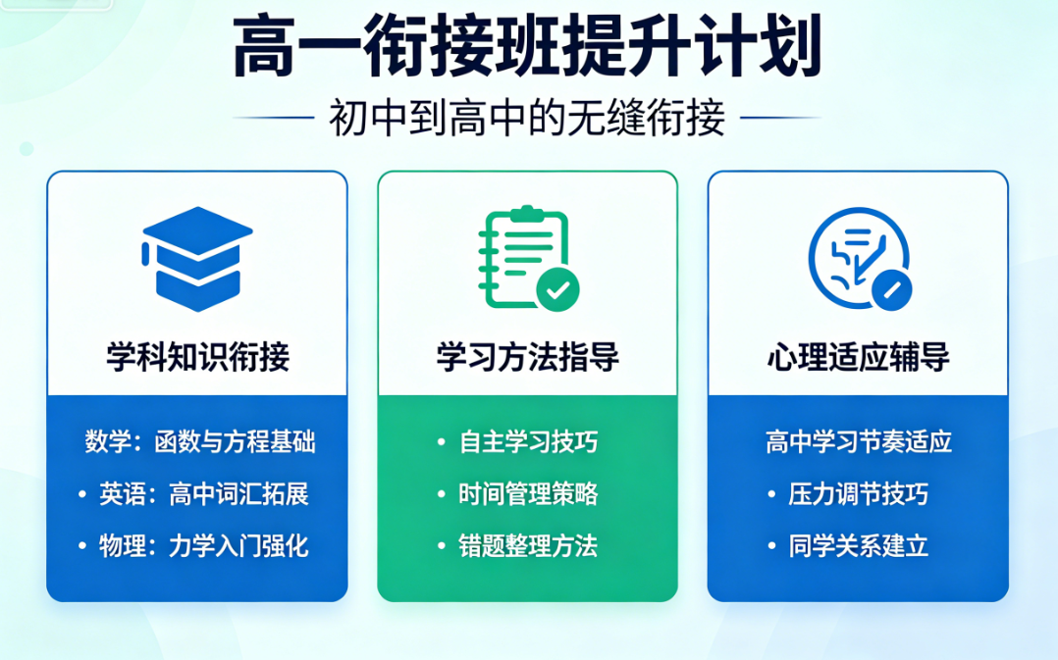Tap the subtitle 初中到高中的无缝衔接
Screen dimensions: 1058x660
tap(527, 118)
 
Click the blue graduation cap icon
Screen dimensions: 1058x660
tap(197, 259)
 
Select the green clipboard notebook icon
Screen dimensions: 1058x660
tap(528, 258)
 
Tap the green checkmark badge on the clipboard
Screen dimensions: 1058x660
tap(558, 290)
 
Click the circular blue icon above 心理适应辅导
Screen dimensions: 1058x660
tap(859, 258)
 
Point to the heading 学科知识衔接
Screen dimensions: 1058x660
tap(197, 357)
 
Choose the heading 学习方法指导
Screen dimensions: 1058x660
tap(528, 357)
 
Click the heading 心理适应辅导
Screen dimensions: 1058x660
tap(858, 357)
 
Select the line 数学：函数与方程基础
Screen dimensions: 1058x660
tap(200, 442)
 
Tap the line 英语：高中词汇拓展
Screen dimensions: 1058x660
tap(204, 494)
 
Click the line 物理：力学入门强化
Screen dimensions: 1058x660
tap(204, 546)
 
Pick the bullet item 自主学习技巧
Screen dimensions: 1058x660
tap(528, 442)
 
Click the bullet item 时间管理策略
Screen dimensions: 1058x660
tap(528, 494)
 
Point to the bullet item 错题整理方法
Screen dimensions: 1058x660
tap(528, 546)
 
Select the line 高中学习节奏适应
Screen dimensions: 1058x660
tap(858, 442)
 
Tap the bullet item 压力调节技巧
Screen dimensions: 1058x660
tap(858, 494)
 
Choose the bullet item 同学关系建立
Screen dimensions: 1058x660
tap(858, 546)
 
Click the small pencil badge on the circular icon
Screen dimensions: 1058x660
tap(891, 290)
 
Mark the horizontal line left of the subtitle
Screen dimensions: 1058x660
tap(273, 118)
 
